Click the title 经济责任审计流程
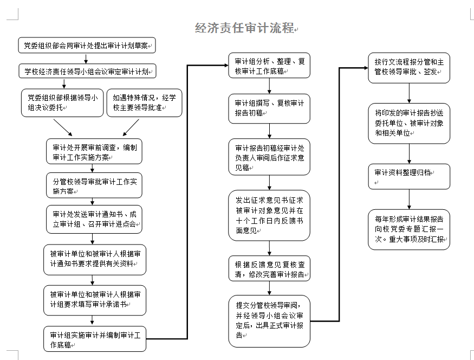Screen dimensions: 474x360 point(244,28)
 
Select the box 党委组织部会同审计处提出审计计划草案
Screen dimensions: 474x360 point(87,46)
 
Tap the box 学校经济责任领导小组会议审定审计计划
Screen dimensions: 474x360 point(87,71)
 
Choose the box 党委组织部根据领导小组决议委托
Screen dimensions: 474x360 point(62,103)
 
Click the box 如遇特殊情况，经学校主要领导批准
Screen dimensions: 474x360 point(145,103)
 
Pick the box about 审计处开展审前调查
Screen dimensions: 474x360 point(94,151)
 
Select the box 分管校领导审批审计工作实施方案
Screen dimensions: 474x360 point(94,185)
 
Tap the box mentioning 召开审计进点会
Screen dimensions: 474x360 point(94,220)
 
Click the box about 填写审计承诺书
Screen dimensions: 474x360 point(95,300)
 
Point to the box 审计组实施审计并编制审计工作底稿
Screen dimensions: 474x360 point(95,339)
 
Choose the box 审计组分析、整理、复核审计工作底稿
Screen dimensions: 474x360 point(269,66)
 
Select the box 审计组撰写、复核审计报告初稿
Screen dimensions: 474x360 point(269,108)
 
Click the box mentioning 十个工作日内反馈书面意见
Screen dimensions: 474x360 point(269,215)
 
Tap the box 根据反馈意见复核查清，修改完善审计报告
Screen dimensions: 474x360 point(269,268)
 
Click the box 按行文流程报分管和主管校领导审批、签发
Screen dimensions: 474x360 point(409,68)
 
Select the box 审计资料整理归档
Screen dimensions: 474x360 point(409,177)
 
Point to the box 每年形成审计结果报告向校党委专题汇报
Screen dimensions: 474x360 point(409,230)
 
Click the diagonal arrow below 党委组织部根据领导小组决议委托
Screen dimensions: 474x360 point(63,127)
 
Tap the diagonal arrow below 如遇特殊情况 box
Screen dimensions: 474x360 point(131,127)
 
